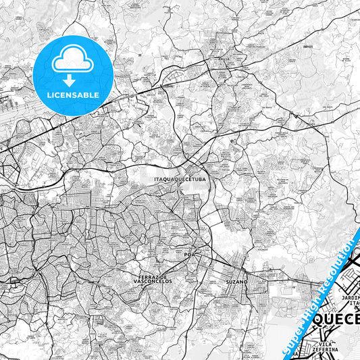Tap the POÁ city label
coord(189,255)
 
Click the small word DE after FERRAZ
coord(161,277)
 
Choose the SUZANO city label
coord(237,281)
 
